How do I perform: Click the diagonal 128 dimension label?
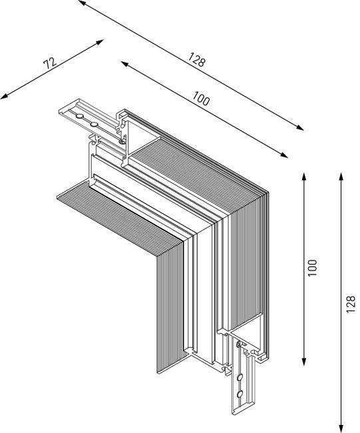(196, 59)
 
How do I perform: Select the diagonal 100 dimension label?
(200, 99)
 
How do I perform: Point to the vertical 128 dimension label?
(351, 303)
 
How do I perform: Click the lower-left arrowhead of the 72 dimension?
(4, 97)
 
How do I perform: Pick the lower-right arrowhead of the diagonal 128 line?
(300, 128)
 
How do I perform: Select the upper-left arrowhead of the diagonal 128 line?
(81, 2)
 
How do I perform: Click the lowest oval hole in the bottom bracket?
(240, 394)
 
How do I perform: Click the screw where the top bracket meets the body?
(122, 140)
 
